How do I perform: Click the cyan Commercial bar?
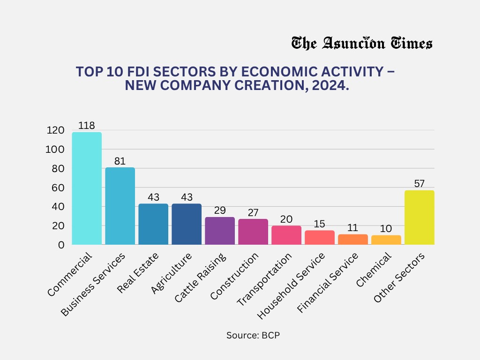point(86,188)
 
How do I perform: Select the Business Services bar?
point(120,206)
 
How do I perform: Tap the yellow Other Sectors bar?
point(419,217)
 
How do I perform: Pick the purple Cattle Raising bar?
point(219,231)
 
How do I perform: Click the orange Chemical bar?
point(386,240)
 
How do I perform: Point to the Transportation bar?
point(286,235)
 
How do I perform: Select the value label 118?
point(87,126)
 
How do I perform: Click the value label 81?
point(120,161)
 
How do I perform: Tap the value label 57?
point(419,184)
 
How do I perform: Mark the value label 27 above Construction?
point(253,212)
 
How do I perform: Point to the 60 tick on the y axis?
point(57,187)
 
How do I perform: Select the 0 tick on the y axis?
point(61,245)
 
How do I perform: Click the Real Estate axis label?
point(138,273)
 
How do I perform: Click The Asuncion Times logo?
point(361,44)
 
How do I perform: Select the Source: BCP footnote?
point(253,336)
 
